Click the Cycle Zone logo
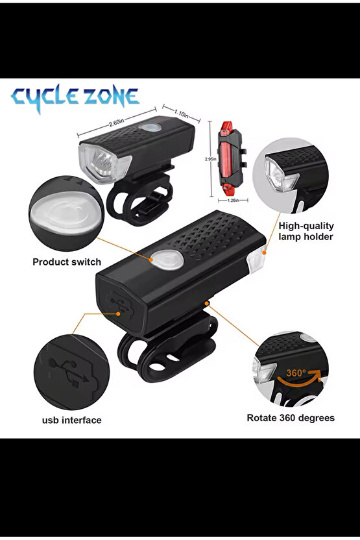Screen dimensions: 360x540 [75, 98]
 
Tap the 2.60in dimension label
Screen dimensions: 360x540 [116, 122]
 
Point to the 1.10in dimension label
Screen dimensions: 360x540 [182, 114]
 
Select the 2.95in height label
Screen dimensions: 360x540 [210, 159]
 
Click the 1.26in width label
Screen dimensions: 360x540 [234, 200]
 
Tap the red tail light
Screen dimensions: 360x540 [230, 158]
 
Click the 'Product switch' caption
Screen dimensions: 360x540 [67, 262]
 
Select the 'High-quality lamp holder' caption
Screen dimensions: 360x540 [306, 231]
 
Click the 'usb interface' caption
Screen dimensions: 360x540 [71, 420]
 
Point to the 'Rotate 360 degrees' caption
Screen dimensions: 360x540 [291, 418]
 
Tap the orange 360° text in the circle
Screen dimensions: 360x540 [296, 373]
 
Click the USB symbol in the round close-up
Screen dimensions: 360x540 [69, 373]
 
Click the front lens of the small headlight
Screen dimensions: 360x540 [104, 163]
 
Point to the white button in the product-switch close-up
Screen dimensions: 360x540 [66, 213]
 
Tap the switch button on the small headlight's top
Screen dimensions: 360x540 [150, 127]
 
